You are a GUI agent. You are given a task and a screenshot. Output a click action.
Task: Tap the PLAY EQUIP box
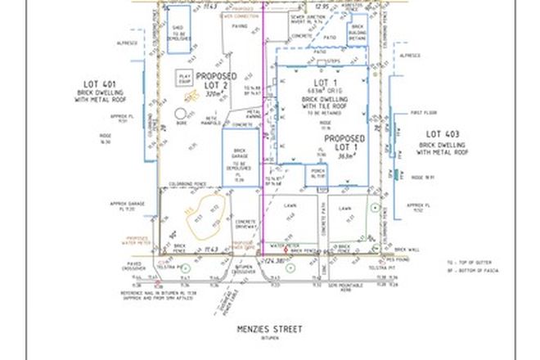tap(185, 80)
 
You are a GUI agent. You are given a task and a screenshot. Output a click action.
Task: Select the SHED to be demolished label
tap(181, 34)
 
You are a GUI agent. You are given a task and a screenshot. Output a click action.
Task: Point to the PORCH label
tap(295, 173)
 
